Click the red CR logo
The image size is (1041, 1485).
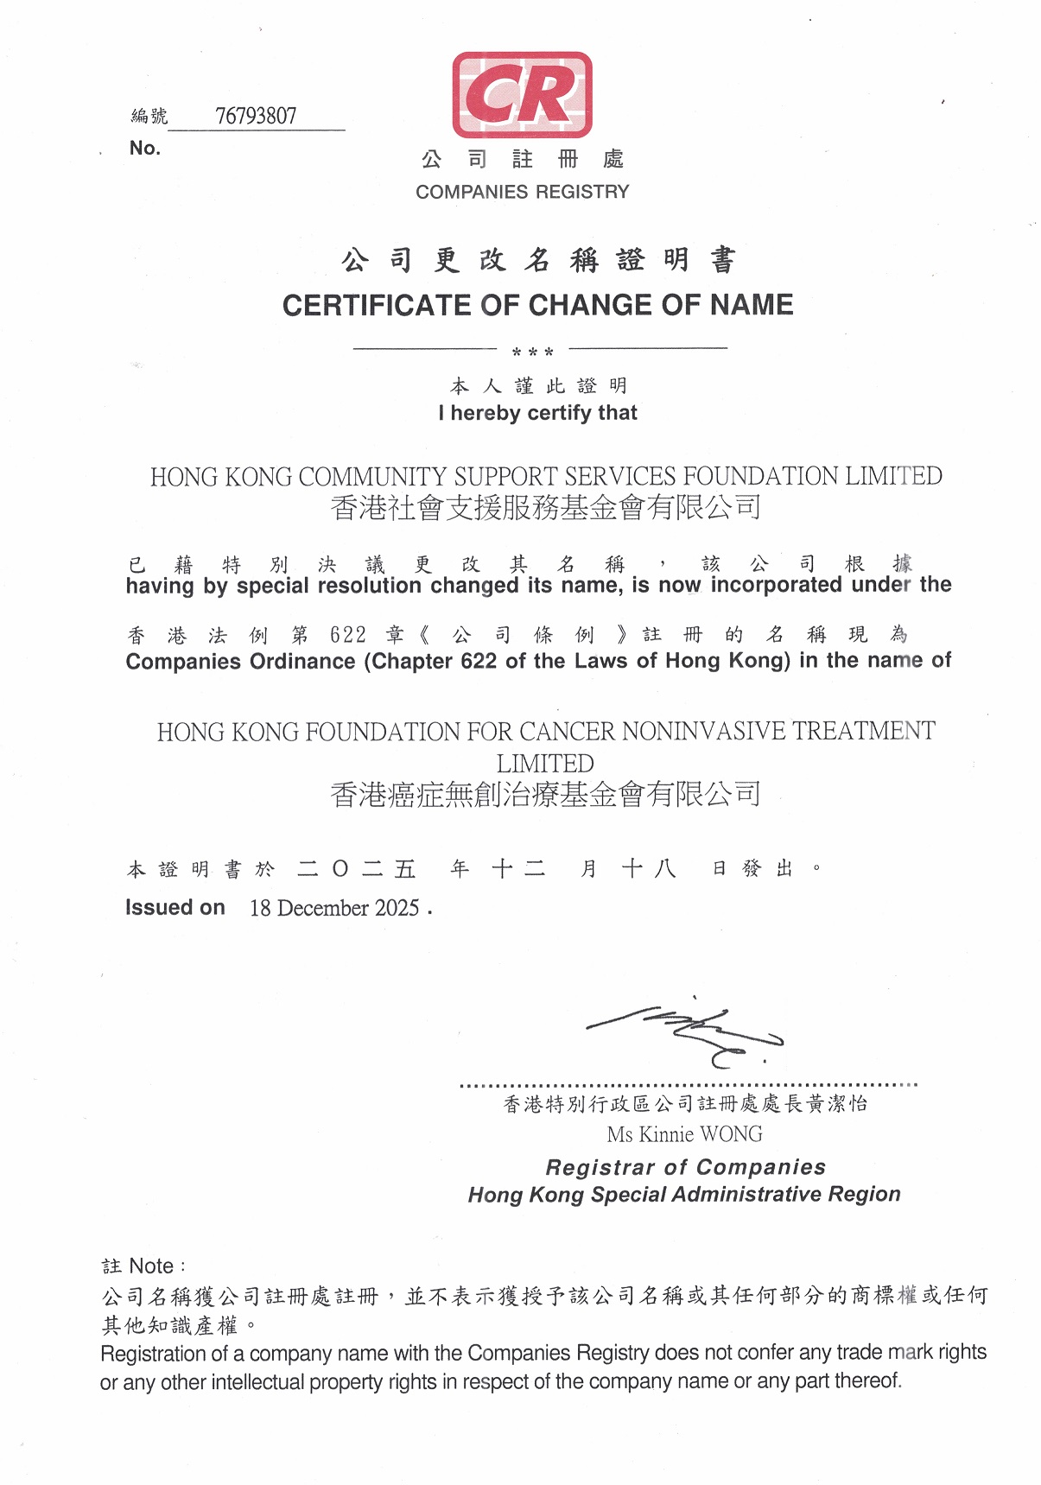point(522,94)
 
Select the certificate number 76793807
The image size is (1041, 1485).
point(256,116)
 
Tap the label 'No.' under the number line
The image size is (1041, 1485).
point(145,148)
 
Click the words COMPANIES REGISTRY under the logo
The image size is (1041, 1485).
point(522,192)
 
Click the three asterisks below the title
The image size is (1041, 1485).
point(532,352)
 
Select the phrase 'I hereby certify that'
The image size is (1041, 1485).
point(537,413)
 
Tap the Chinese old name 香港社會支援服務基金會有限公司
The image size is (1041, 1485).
point(545,508)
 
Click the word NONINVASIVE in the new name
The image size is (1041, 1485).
point(703,732)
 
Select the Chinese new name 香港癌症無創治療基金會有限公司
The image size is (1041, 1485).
point(545,794)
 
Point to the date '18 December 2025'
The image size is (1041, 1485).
point(334,908)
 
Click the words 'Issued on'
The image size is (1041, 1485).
point(175,907)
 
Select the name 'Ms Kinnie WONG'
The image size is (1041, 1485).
point(684,1134)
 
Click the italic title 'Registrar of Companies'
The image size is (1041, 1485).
point(685,1167)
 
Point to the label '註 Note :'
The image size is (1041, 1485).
point(143,1266)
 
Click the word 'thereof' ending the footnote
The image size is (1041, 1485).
point(867,1380)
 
